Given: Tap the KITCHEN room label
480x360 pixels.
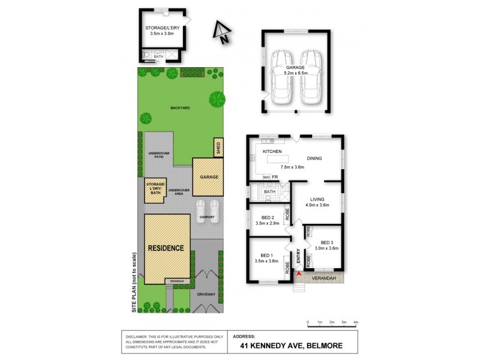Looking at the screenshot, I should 272,151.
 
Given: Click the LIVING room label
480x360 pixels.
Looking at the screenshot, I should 317,199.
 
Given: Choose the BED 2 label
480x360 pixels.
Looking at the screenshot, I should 268,217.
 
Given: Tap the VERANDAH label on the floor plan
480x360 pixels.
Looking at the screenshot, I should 322,278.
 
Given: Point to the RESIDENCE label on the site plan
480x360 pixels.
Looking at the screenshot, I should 167,247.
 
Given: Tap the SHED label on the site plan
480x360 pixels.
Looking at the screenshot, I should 218,147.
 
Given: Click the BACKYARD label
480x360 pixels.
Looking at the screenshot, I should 179,107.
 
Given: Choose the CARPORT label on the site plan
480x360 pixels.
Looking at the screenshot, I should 208,217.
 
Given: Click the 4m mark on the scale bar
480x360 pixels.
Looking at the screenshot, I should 356,322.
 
